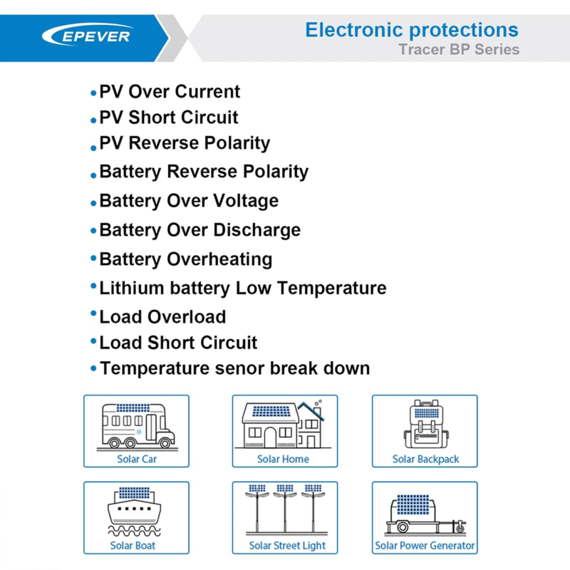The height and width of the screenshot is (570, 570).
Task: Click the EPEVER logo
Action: point(88,35)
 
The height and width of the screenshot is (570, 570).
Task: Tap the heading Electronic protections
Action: point(412,30)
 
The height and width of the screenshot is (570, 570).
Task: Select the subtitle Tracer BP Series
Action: point(459,49)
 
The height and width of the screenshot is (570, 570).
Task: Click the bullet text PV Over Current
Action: point(170,91)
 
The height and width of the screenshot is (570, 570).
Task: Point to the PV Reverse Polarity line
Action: point(185,143)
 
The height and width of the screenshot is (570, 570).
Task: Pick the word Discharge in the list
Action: point(256,229)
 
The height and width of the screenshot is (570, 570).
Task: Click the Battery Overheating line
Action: point(186,259)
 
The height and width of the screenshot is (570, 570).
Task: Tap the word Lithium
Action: point(132,288)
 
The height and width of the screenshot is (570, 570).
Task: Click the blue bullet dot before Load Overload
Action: point(93,313)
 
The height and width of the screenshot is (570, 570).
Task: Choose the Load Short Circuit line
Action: point(178,343)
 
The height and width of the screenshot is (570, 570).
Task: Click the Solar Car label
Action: point(137,459)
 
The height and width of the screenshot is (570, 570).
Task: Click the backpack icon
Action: point(426,424)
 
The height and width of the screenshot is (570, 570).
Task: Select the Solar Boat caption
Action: point(133,546)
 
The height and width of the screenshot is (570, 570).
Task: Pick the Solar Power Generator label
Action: point(425,546)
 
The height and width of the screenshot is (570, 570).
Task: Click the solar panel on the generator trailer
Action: point(413,504)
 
